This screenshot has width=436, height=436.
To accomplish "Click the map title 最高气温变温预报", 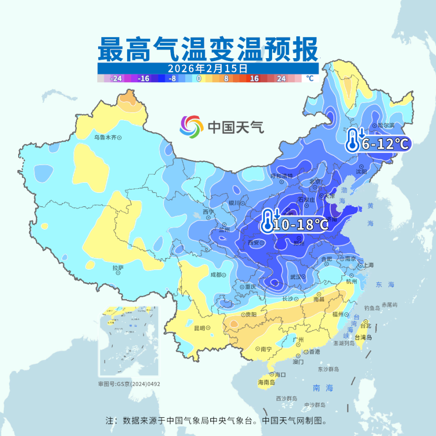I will (x=208, y=50).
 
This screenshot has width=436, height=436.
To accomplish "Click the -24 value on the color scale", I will (x=116, y=78).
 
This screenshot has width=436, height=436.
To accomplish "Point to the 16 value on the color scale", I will (x=254, y=78).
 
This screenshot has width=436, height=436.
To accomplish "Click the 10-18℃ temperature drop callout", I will (x=294, y=224).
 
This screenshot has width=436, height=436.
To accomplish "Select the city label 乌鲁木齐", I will (x=105, y=137).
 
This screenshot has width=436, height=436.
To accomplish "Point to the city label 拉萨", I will (x=118, y=268).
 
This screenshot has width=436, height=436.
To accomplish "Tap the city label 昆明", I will (x=199, y=327).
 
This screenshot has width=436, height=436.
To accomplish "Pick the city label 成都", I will (x=216, y=275).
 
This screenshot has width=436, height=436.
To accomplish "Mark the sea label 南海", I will (x=323, y=388).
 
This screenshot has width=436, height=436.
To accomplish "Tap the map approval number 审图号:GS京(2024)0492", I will (x=129, y=384).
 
